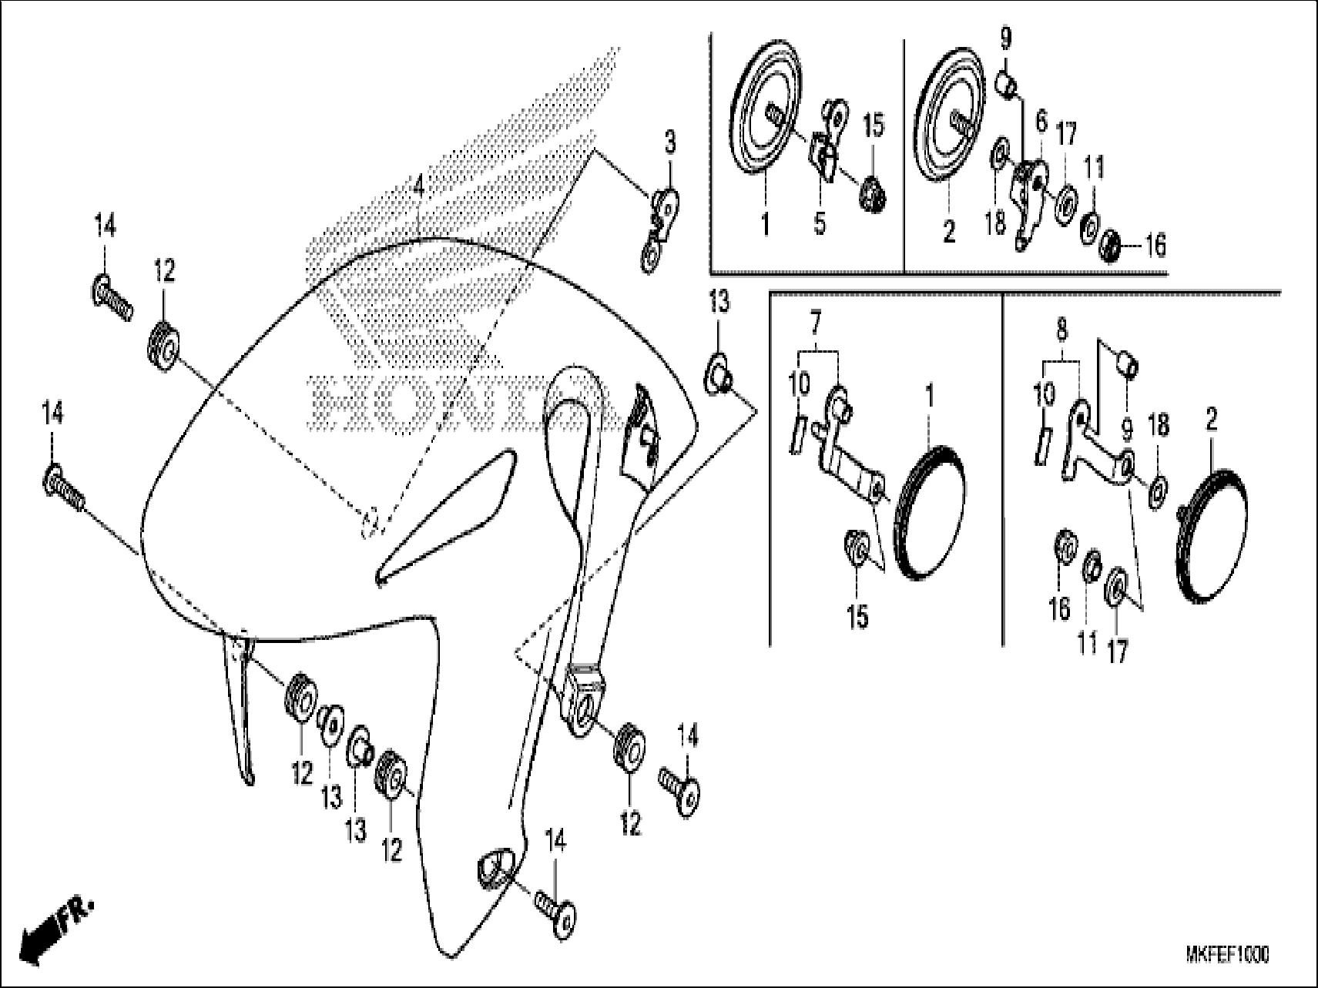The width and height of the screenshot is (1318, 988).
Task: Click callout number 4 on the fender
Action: (418, 187)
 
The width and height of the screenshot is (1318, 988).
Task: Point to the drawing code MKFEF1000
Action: (1227, 955)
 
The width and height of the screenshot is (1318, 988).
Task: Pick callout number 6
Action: (1041, 121)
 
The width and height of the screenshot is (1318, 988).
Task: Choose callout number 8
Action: (1062, 331)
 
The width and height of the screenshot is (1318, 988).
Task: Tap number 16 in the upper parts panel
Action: (1155, 246)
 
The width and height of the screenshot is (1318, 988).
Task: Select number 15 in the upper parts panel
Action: (874, 126)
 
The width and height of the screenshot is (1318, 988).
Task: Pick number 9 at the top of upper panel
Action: (1006, 38)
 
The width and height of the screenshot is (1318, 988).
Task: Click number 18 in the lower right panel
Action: (1158, 425)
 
